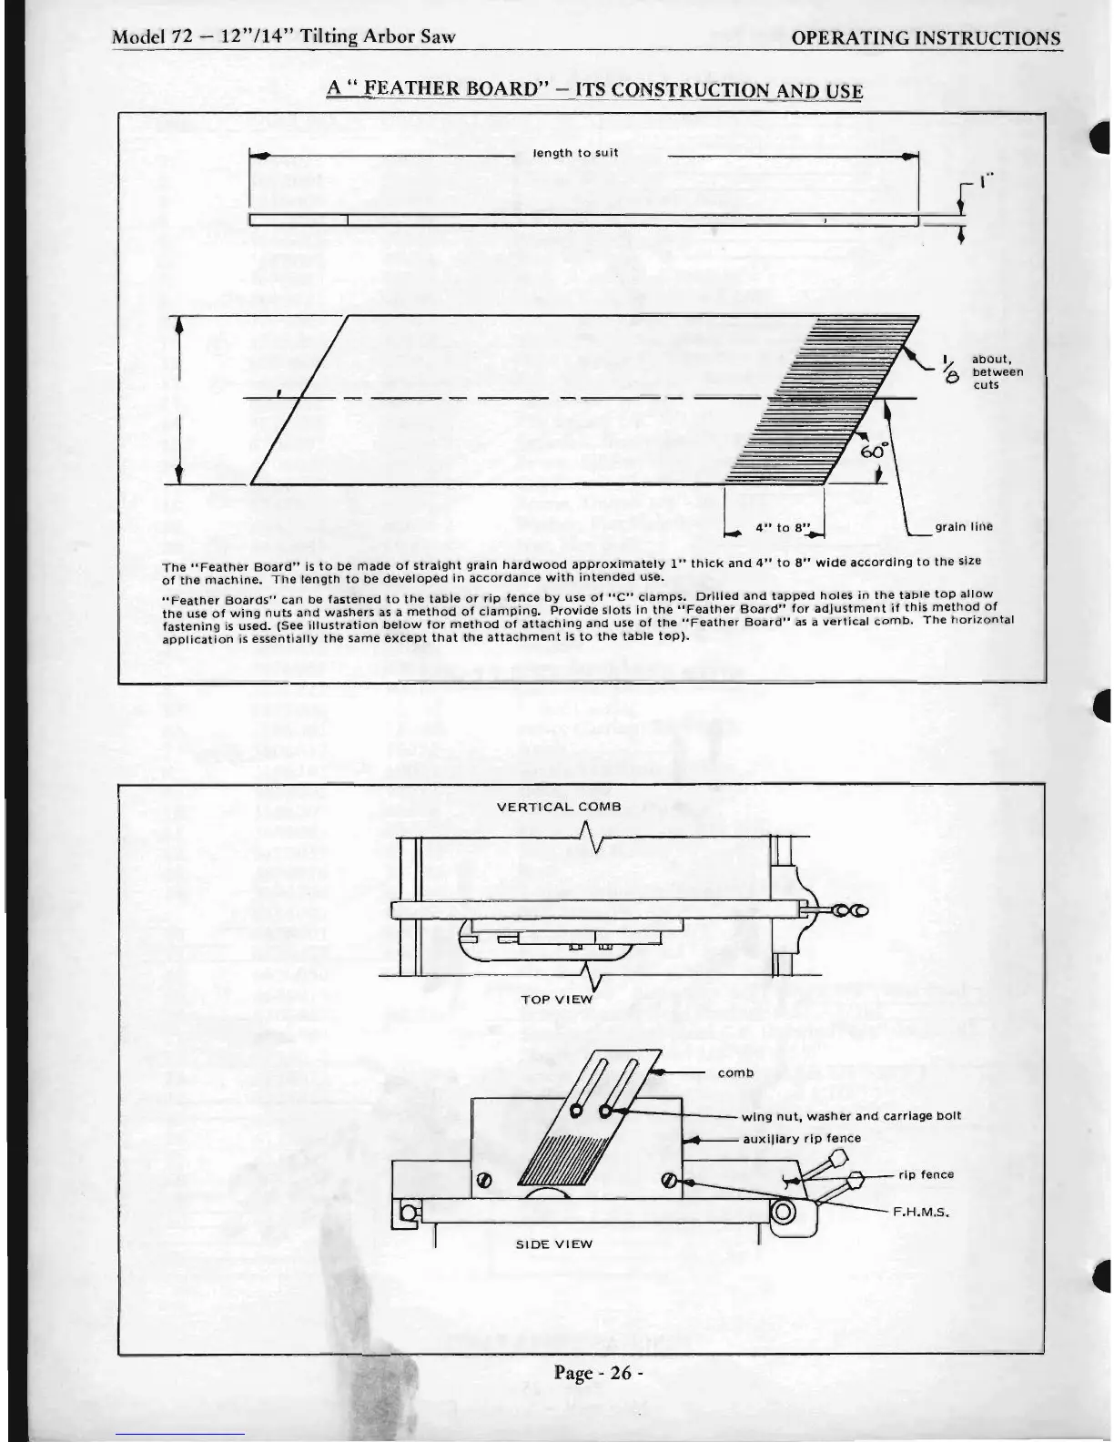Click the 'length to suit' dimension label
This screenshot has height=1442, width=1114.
pyautogui.click(x=575, y=153)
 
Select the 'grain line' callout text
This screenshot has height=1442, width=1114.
pyautogui.click(x=964, y=526)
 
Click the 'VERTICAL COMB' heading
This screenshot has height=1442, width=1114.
pyautogui.click(x=559, y=807)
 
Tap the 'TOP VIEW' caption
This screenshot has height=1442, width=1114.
pyautogui.click(x=556, y=999)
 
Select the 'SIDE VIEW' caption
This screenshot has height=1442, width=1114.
pyautogui.click(x=554, y=1244)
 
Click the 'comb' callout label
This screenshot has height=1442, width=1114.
pyautogui.click(x=735, y=1072)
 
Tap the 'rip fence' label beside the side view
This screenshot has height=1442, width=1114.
pyautogui.click(x=926, y=1174)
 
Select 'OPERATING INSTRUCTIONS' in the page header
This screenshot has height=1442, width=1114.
pyautogui.click(x=926, y=38)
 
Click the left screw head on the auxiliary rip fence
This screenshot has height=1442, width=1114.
pyautogui.click(x=484, y=1183)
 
